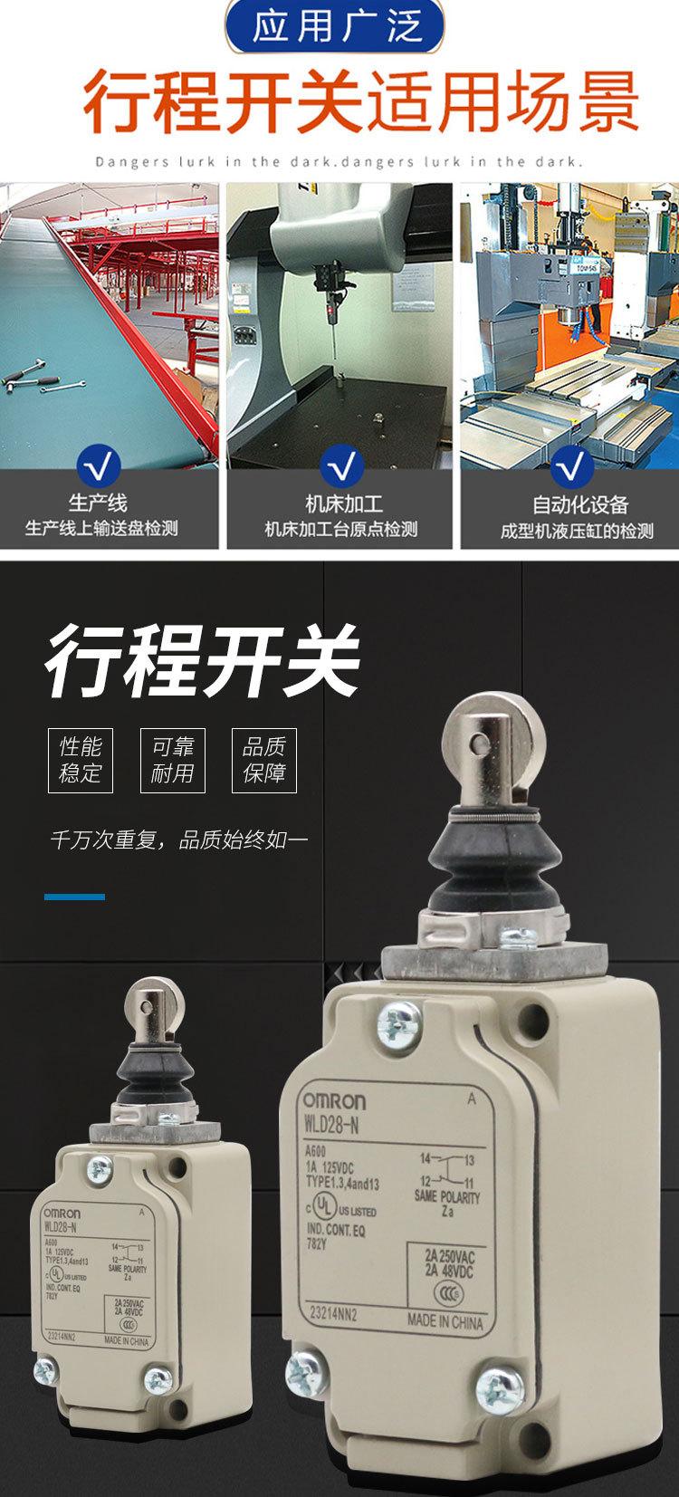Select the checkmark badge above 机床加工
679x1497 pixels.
tap(341, 466)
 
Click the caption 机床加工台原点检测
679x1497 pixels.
tap(340, 530)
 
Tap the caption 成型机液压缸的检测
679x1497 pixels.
tap(577, 531)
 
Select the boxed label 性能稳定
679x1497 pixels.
tap(81, 760)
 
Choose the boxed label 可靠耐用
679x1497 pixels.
tap(172, 760)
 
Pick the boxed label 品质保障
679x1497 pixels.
tap(264, 760)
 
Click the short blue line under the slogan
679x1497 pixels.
tap(74, 897)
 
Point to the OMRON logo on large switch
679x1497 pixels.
tap(333, 1102)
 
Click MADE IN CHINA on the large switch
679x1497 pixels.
tap(445, 1321)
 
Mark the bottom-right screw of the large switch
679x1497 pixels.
tap(501, 1387)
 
